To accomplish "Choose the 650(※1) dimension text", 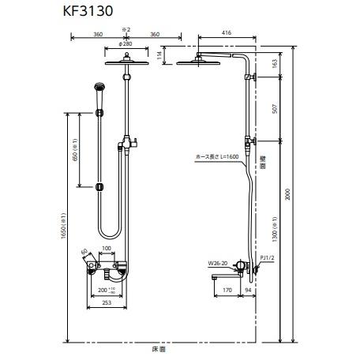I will point(76,149).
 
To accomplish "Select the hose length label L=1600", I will point(217,157).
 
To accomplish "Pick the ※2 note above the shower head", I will point(125,28).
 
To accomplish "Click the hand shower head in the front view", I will point(99,86).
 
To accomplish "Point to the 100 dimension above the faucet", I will point(107,249).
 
